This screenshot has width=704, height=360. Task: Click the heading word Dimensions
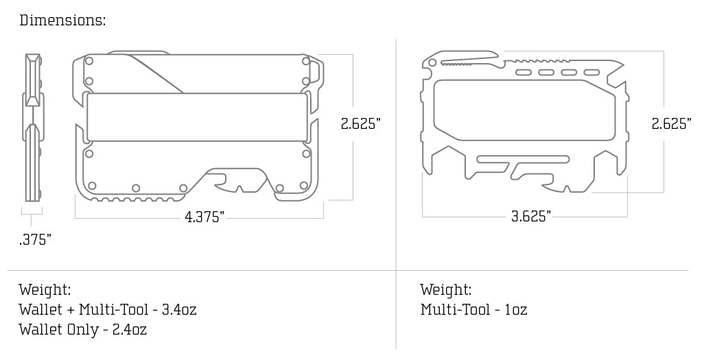click(62, 20)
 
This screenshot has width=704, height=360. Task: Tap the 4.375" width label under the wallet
click(204, 217)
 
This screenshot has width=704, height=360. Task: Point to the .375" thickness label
click(35, 239)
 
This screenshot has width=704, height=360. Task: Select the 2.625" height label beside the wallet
click(360, 124)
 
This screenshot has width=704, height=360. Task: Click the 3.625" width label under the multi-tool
click(530, 217)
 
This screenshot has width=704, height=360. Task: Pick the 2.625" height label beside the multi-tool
click(671, 124)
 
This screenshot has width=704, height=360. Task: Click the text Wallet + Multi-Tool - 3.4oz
click(108, 309)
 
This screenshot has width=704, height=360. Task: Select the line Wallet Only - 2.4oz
click(83, 330)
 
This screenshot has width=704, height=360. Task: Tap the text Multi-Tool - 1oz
click(473, 309)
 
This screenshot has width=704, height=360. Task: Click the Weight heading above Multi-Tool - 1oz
click(446, 289)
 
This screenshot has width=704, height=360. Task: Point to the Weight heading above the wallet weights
click(45, 289)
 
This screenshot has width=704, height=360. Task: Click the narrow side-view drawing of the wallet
click(32, 128)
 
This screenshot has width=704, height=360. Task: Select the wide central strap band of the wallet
click(197, 117)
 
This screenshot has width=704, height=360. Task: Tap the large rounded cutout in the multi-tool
click(521, 110)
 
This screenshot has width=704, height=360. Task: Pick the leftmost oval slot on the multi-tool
click(523, 72)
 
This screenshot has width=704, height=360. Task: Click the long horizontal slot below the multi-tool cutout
click(523, 160)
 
